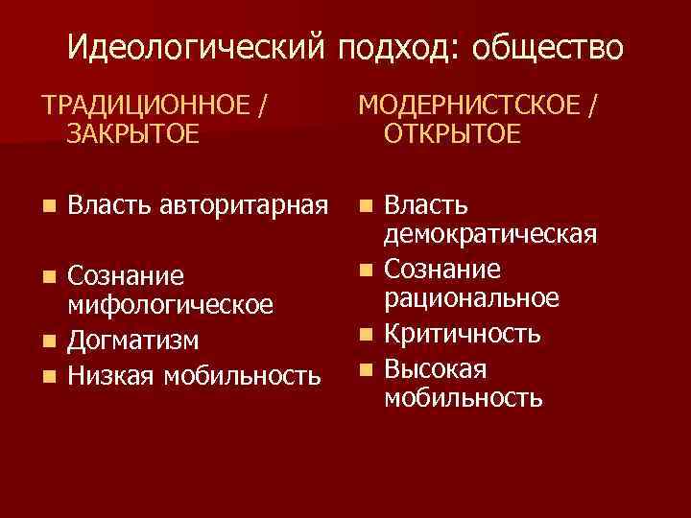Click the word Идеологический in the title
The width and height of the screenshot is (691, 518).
[x=199, y=47]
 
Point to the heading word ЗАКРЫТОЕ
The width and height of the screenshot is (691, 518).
[x=133, y=133]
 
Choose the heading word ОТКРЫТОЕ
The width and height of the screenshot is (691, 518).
[x=452, y=133]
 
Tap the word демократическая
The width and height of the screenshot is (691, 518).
[x=490, y=233]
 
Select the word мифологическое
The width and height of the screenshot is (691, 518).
[x=171, y=304]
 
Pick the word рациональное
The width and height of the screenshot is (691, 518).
[x=471, y=298]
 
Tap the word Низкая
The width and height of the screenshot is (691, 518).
[x=114, y=373]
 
